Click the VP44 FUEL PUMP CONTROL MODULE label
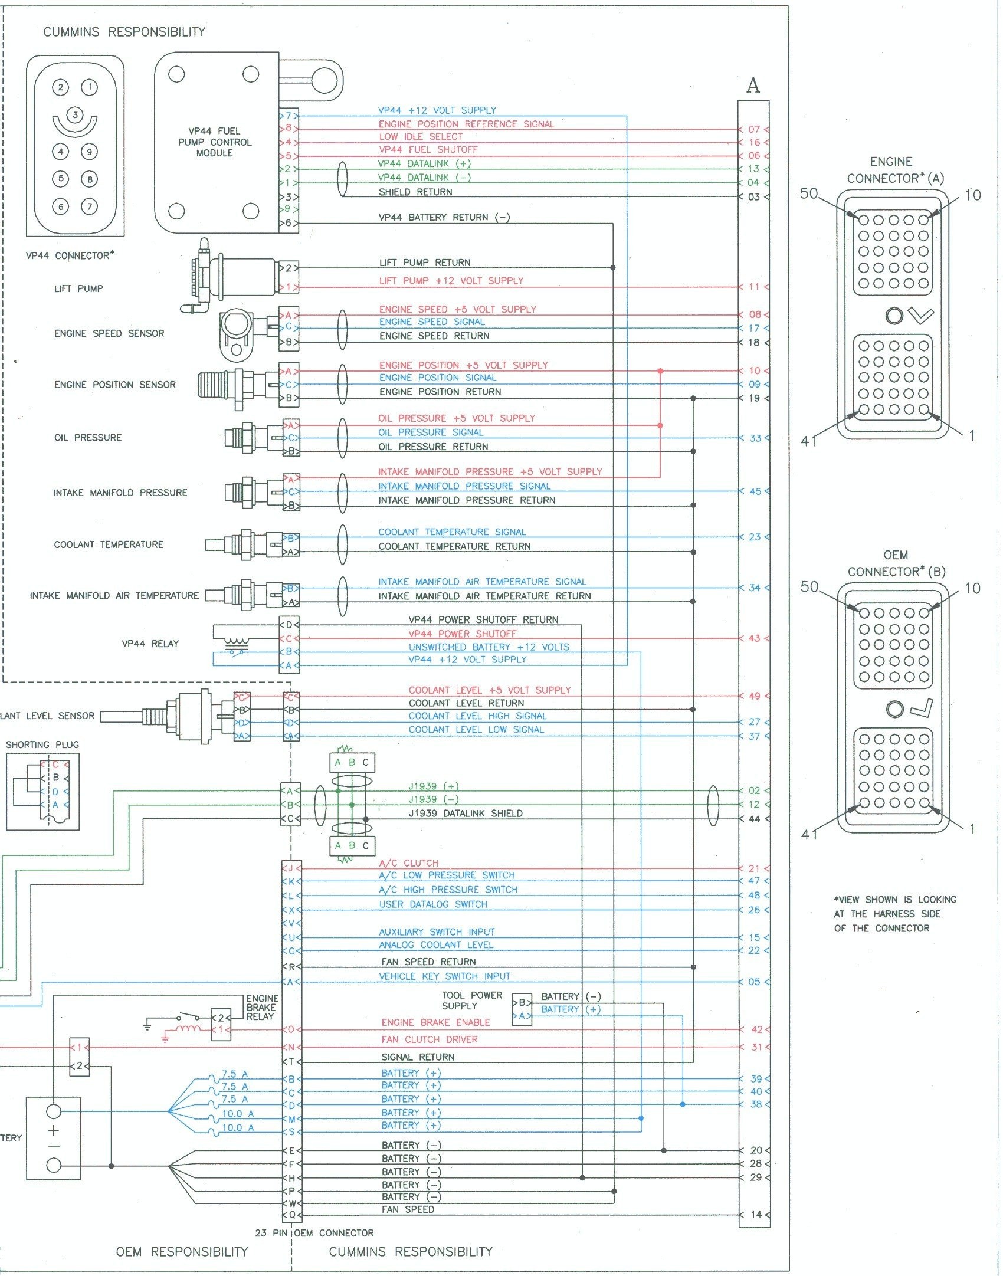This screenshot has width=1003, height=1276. (215, 142)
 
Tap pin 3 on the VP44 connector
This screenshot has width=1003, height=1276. (75, 114)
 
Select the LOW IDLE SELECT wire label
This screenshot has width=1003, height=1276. (421, 136)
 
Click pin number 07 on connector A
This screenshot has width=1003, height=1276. (754, 129)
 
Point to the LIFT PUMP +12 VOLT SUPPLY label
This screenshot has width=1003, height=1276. (451, 281)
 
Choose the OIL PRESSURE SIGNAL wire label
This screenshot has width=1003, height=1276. (431, 432)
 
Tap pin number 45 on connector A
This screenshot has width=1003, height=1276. (755, 491)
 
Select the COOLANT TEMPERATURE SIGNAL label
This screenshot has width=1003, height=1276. (452, 532)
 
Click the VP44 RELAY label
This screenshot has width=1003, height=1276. (150, 644)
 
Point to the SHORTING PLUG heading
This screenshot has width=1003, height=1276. (42, 744)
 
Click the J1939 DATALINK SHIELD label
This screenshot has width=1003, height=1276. (466, 814)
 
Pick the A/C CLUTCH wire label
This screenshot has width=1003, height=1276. (409, 863)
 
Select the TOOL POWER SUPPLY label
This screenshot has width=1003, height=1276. (472, 1001)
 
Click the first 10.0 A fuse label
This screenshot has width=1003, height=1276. (238, 1114)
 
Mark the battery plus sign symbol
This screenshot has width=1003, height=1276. (54, 1130)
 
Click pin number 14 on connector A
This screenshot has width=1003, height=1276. (756, 1215)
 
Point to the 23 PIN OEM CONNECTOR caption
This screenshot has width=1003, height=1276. (314, 1233)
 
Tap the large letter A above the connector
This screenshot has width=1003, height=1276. (753, 86)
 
